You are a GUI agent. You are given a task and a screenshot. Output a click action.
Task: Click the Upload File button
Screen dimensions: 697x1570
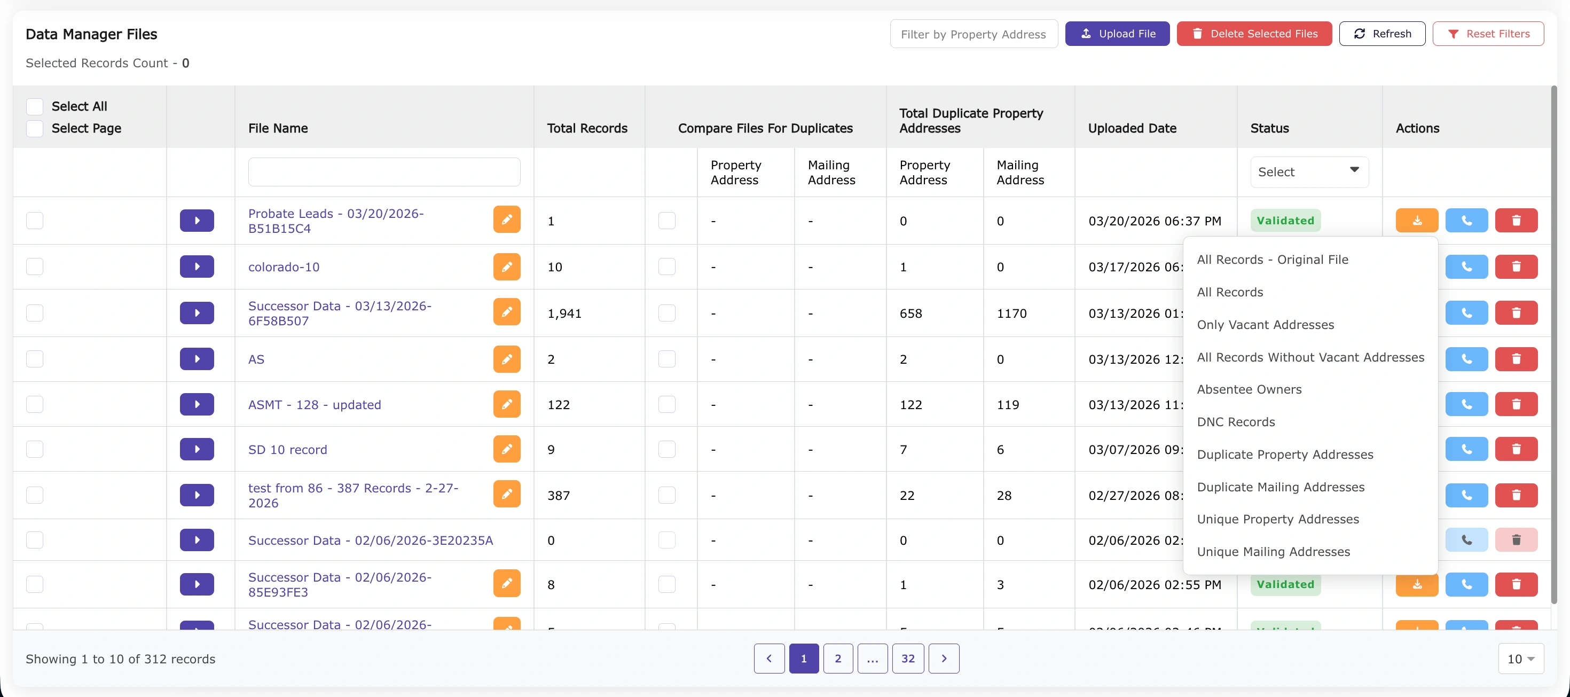(x=1117, y=34)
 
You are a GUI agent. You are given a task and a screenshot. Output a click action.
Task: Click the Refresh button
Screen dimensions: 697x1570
(x=1381, y=34)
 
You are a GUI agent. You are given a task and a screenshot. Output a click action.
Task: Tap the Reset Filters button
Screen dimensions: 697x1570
(x=1488, y=34)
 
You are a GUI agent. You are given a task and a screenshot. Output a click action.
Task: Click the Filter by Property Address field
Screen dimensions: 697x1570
(x=974, y=35)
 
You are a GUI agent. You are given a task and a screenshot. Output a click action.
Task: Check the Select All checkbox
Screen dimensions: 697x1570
(x=35, y=107)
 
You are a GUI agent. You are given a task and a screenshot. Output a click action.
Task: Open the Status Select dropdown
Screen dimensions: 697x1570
(x=1308, y=172)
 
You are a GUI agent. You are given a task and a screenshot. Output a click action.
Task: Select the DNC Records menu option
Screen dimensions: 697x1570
(x=1235, y=422)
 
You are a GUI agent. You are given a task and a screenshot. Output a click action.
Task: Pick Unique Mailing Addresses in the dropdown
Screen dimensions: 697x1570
(x=1273, y=552)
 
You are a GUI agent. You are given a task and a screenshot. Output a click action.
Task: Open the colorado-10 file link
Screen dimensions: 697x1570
(x=284, y=267)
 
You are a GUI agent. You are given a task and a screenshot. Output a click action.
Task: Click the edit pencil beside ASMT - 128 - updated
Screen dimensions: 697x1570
(x=506, y=404)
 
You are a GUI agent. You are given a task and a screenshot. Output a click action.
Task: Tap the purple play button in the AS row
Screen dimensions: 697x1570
(x=197, y=359)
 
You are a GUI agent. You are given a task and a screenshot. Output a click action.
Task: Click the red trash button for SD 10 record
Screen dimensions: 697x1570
(x=1516, y=449)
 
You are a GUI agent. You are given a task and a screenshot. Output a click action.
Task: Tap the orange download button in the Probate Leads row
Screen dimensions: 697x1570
(x=1416, y=221)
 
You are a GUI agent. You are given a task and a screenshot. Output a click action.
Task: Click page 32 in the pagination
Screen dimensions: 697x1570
(x=907, y=659)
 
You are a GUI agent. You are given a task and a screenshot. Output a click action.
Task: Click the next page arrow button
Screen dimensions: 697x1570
(x=944, y=659)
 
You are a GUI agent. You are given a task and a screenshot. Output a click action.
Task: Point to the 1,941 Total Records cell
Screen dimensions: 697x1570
(x=564, y=314)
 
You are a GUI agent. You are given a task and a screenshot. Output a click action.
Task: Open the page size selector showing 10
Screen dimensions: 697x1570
(x=1520, y=659)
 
